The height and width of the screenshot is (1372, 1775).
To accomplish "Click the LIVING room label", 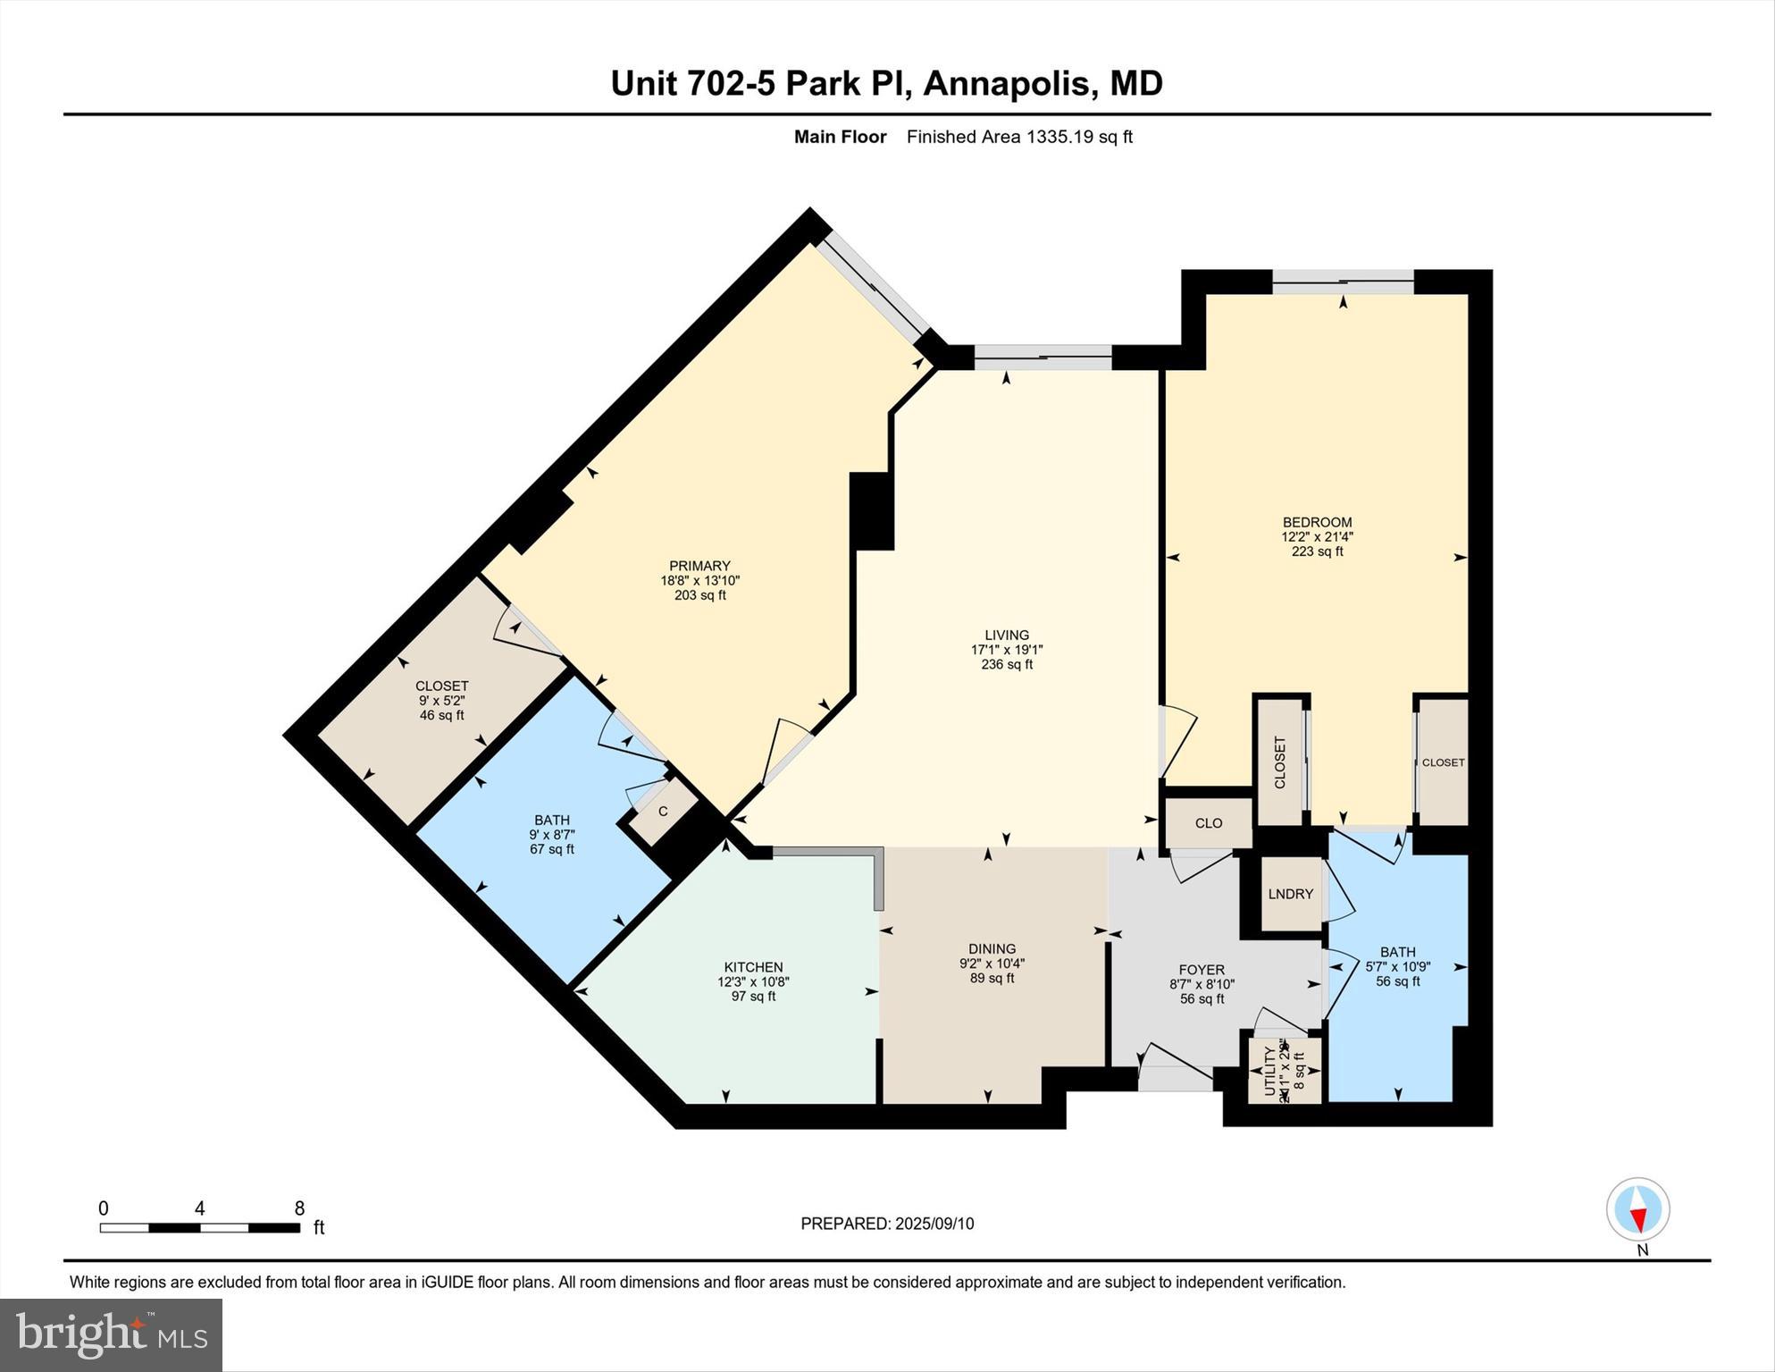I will coord(1007,635).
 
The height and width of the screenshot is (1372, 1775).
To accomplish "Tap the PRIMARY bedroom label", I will coord(699,566).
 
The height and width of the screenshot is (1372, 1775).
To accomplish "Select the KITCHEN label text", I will coord(753,967).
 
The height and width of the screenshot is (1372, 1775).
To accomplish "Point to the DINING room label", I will coord(992,949).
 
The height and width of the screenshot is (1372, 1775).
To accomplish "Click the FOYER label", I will coord(1201,970).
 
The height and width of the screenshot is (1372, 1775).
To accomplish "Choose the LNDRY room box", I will coord(1291,894).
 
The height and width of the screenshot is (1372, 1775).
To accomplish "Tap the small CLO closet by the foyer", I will coord(1209,823).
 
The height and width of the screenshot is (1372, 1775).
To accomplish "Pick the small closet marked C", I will coord(663,812).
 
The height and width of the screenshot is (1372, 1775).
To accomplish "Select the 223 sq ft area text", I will coord(1317,551).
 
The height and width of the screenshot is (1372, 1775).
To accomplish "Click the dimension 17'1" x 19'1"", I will coord(1007,650).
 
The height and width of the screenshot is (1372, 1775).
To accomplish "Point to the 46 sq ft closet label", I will coord(441,715).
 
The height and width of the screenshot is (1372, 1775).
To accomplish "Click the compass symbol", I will coord(1637,1209).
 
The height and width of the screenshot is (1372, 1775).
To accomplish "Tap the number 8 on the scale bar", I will coord(299,1208).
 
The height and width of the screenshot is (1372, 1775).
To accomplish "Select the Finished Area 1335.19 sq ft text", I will coord(1019,137).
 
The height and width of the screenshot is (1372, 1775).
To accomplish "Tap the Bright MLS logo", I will coord(111,1334).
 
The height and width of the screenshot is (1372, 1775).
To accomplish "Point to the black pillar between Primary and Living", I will coord(871,510).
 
